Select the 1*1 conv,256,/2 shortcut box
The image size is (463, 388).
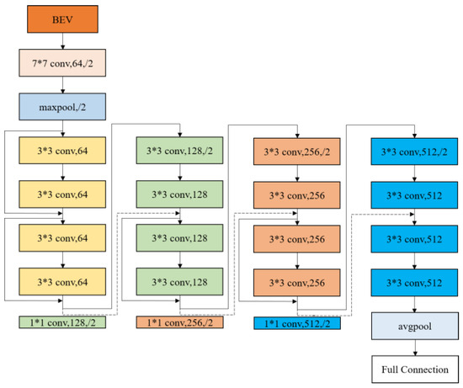180,322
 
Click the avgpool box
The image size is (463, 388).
413,324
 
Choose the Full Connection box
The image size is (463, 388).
413,369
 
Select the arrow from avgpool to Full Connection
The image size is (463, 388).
413,347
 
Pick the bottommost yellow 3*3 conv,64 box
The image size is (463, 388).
65,282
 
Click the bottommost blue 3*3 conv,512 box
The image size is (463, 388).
413,282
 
